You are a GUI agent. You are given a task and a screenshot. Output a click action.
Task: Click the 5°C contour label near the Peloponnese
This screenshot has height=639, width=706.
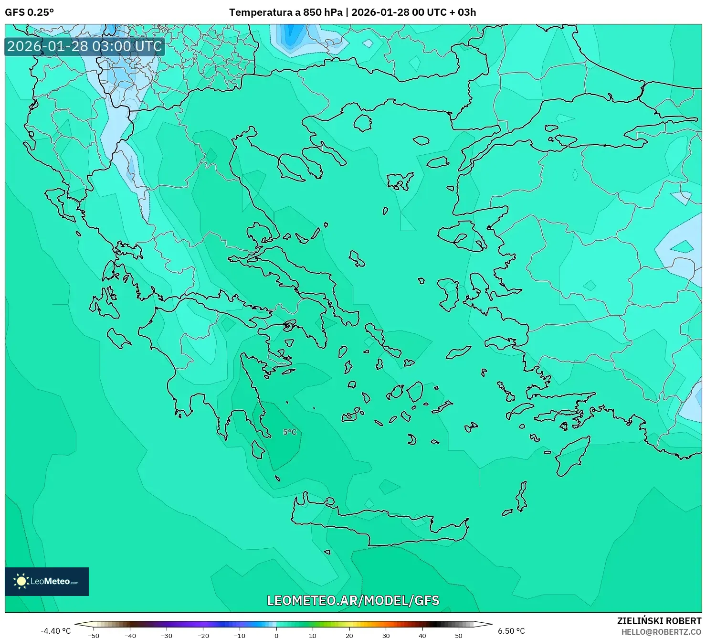[290, 432]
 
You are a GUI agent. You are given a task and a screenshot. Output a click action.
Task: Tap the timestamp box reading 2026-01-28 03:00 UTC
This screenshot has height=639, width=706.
[84, 46]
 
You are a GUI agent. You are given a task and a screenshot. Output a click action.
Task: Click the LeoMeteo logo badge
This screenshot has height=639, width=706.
[47, 581]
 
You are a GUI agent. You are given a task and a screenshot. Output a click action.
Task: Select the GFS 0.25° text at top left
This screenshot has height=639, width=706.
[29, 12]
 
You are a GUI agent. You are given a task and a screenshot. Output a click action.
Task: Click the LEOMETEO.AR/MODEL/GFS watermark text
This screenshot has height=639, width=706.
[353, 600]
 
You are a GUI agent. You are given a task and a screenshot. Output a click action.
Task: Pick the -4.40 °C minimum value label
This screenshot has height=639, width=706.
[55, 631]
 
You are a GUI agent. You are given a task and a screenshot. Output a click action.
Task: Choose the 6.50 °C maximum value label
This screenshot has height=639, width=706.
[511, 631]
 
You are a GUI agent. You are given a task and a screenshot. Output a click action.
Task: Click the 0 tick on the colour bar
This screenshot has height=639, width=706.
[276, 635]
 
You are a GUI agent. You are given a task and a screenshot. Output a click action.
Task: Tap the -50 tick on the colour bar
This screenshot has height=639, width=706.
[94, 635]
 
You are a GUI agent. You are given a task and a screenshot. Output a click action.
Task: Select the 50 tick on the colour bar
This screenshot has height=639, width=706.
[459, 635]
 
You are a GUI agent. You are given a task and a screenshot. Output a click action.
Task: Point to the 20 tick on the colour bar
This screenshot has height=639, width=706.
[349, 635]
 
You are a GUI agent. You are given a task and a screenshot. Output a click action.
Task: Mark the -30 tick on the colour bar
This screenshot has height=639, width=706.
[167, 635]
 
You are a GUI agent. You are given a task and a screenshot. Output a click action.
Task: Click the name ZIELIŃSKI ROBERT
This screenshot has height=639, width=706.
[659, 621]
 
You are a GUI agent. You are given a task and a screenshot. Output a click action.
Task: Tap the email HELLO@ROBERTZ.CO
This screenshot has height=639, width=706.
[661, 631]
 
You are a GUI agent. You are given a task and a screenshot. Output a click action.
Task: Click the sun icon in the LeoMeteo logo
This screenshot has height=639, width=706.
[21, 581]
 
